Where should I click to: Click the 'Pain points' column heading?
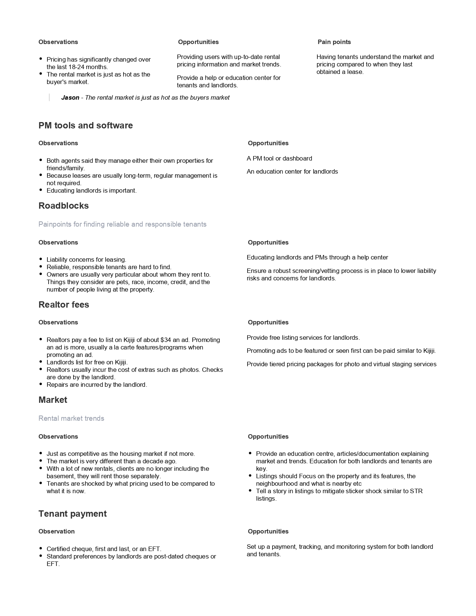click(334, 42)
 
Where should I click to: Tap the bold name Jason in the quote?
click(70, 97)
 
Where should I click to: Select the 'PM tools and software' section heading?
click(85, 125)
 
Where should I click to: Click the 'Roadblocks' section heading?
click(63, 206)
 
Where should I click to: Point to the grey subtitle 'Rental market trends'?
click(71, 418)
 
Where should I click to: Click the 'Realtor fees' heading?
click(64, 305)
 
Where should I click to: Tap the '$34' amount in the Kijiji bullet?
click(165, 340)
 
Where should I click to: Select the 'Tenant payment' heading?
click(72, 514)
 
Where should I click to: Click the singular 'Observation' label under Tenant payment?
click(56, 531)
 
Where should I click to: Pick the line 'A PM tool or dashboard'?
click(279, 158)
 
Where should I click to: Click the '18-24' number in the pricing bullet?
click(77, 67)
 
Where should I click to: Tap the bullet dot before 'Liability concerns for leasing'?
click(41, 259)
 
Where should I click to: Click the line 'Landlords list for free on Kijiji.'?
click(87, 362)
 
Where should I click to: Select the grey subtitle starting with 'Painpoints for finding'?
click(122, 224)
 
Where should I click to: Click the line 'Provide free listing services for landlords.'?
click(303, 337)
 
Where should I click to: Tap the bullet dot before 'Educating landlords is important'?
click(41, 190)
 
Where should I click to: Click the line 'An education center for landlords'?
click(292, 171)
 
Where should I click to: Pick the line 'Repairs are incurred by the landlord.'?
click(97, 385)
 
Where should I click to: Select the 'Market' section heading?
click(53, 400)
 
